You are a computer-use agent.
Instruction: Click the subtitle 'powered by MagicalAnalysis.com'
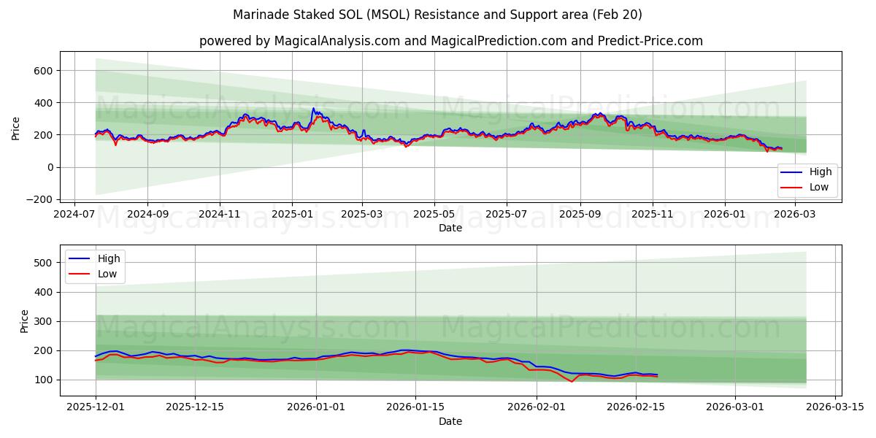[x=450, y=41]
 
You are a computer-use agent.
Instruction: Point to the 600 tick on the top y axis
[x=42, y=71]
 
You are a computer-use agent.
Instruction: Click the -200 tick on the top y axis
[x=39, y=199]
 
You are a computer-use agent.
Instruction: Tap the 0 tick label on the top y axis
[x=50, y=167]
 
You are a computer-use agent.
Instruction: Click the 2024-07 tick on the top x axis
[x=75, y=215]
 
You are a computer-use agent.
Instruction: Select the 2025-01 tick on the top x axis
[x=292, y=215]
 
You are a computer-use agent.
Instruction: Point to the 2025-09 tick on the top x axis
[x=580, y=215]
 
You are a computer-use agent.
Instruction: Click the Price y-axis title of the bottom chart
[x=25, y=320]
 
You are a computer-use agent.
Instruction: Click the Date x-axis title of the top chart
[x=450, y=228]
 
